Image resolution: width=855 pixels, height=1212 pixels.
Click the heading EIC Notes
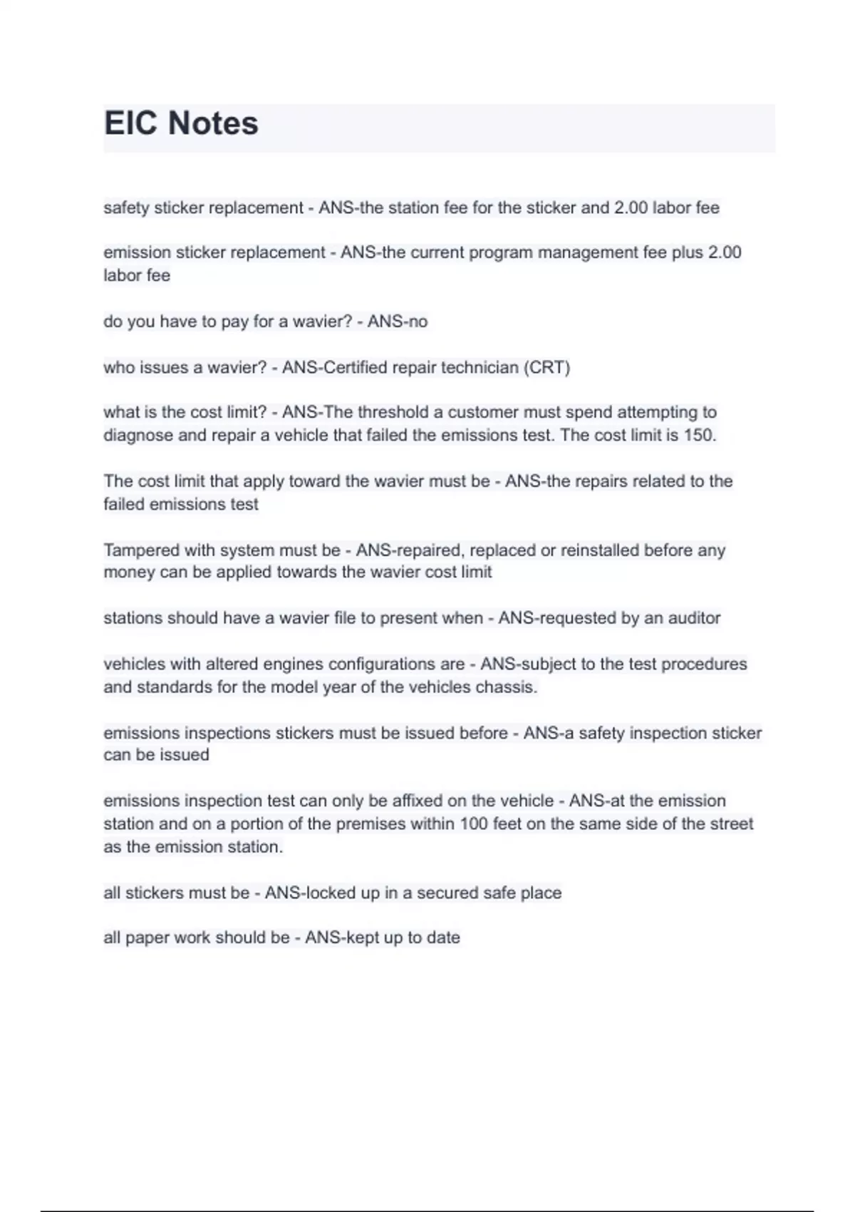[x=181, y=123]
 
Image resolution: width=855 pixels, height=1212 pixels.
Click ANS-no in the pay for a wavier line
[x=397, y=322]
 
